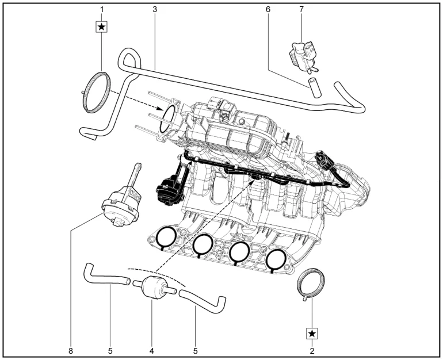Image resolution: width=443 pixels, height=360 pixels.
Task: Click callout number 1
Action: [102, 10]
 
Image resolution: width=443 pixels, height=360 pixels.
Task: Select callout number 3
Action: [155, 10]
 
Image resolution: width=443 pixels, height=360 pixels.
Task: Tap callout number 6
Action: [268, 10]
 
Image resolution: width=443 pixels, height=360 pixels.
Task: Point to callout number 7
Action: [301, 10]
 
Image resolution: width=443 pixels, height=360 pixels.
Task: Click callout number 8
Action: [71, 351]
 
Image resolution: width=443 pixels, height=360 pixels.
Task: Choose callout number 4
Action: [152, 351]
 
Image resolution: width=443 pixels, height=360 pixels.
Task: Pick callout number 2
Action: [312, 351]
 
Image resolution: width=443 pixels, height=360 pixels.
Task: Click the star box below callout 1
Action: [102, 27]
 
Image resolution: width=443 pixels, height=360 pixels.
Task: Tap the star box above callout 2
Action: [312, 334]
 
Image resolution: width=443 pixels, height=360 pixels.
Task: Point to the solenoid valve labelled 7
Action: [303, 56]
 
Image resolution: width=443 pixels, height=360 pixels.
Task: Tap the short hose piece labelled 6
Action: [314, 87]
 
